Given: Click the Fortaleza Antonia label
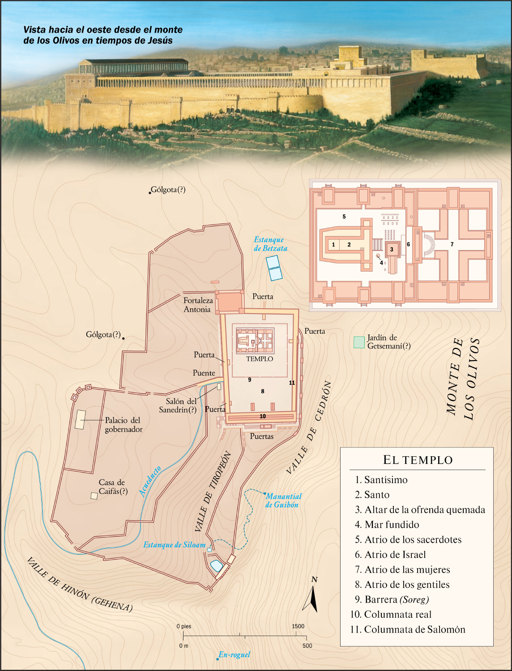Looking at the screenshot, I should coord(198,305).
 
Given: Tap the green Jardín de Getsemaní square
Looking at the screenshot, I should coord(359,342).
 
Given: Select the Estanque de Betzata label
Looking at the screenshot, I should coord(270,244).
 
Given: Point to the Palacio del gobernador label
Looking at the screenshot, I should coord(123,425).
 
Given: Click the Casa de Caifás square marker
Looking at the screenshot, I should coord(94,496).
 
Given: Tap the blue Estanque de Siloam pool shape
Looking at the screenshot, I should coord(217,566).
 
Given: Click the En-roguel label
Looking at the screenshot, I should coord(234,655).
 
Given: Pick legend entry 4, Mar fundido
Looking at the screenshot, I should coord(392,525).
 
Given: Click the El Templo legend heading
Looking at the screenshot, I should coord(418,460).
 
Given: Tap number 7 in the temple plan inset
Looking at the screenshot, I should coord(452,244).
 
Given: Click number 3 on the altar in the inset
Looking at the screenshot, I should coord(392,249).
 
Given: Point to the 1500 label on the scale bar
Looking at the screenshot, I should coord(298,626).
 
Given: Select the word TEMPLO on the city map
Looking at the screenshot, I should coord(260,359).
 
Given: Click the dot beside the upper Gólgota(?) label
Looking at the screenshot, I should coord(150,193).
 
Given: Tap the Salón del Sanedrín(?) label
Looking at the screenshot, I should coord(178,405).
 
